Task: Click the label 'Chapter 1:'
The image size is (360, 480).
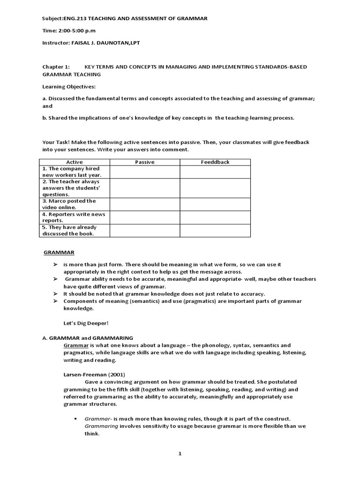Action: tap(55, 67)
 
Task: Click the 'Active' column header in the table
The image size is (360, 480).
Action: tap(75, 162)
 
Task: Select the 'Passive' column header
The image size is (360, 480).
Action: tap(144, 162)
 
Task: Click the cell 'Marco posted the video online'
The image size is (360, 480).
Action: tap(74, 204)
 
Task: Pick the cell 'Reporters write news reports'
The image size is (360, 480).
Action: tap(74, 217)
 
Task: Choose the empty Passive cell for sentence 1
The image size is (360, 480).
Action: tap(144, 172)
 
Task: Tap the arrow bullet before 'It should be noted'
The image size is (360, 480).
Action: tap(55, 294)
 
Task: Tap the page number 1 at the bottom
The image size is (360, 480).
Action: tap(180, 454)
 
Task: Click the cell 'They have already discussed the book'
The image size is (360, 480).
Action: tap(74, 231)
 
